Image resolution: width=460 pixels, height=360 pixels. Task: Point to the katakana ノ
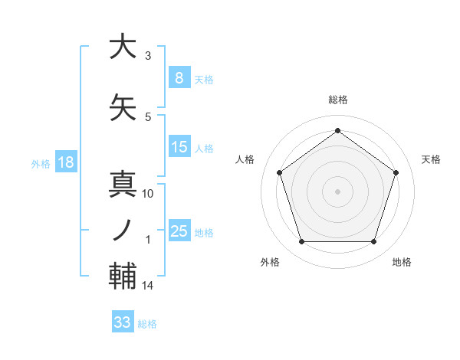(122, 231)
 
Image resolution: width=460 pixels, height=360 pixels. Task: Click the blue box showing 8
(179, 77)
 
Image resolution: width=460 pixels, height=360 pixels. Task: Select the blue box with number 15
(179, 147)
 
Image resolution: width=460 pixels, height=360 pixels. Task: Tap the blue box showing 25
(179, 231)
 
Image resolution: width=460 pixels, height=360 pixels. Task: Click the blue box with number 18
(65, 162)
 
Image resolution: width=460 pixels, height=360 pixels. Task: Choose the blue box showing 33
(123, 322)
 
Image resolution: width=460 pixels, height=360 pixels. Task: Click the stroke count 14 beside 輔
(148, 286)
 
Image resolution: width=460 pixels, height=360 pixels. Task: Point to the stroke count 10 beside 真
(148, 194)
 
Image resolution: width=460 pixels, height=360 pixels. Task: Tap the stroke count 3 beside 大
(147, 56)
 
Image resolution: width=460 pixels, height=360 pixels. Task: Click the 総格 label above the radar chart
(337, 100)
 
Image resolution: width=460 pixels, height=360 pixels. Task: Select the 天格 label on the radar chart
(431, 159)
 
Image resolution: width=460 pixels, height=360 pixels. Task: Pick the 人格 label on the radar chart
(245, 159)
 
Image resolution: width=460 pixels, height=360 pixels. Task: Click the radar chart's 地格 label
(402, 262)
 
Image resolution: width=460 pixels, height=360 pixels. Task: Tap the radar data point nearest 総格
(337, 131)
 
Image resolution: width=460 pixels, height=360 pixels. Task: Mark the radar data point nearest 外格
(301, 242)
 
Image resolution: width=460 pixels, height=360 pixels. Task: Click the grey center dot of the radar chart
(337, 191)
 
